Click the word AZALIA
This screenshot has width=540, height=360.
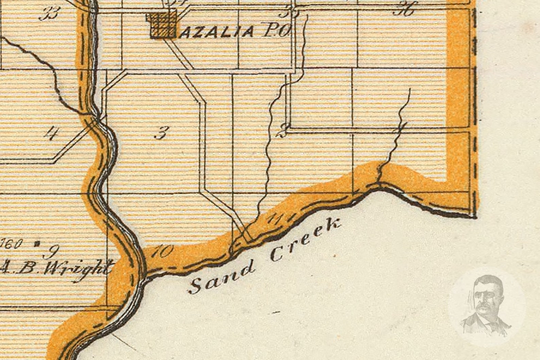(216, 32)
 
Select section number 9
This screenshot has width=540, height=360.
(52, 251)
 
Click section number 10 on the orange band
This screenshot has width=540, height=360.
(163, 252)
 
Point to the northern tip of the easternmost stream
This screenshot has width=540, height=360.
(410, 89)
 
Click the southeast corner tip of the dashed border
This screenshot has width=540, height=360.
(475, 216)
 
